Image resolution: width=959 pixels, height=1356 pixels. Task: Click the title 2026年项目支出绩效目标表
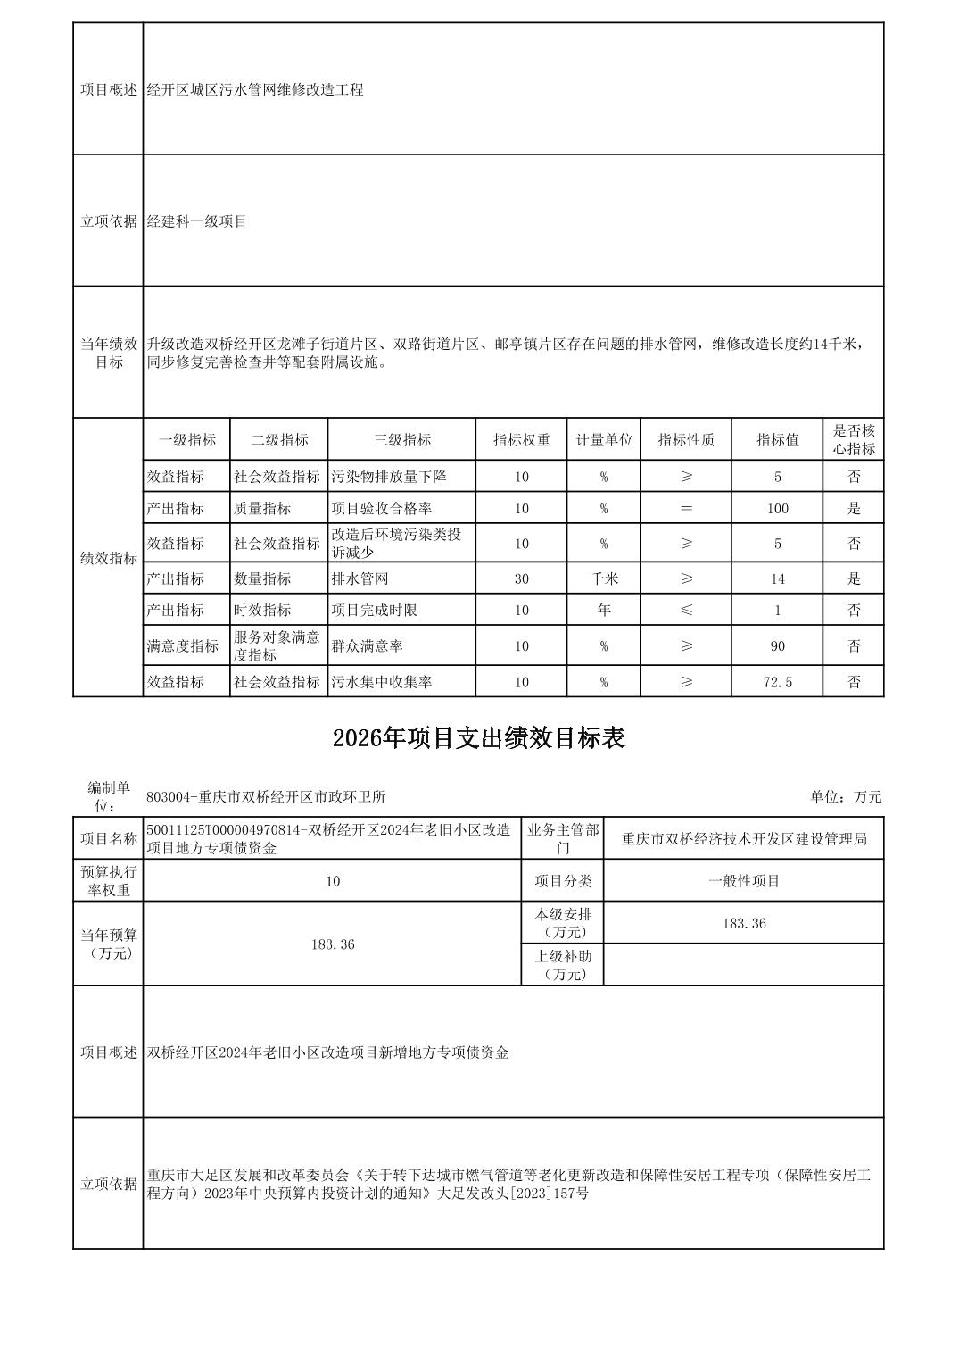[478, 738]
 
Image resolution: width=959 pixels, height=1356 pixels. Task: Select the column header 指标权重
[521, 440]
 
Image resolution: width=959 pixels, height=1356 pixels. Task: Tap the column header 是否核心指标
[853, 440]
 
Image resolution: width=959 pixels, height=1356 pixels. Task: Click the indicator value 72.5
[777, 682]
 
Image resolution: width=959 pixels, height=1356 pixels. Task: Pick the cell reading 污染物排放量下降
[388, 477]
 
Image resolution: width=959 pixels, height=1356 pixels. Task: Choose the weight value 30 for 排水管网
[521, 578]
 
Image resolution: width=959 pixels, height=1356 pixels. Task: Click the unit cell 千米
[603, 578]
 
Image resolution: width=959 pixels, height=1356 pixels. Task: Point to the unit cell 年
[603, 611]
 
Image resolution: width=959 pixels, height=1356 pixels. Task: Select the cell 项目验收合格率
[382, 509]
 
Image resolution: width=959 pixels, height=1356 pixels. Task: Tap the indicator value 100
[777, 509]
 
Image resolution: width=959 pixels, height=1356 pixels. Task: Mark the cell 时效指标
[262, 611]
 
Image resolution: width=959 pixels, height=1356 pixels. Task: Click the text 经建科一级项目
[197, 221]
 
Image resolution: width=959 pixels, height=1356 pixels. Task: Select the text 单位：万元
[845, 797]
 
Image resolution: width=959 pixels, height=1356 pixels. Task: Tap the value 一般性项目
[743, 881]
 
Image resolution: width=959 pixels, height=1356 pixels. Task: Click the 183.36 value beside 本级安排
[743, 923]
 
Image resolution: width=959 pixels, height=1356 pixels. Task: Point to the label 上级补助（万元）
[562, 965]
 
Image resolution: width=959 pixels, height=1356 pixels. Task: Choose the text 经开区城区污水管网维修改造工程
[255, 90]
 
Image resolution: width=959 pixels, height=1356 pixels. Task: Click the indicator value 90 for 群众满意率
[777, 645]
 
